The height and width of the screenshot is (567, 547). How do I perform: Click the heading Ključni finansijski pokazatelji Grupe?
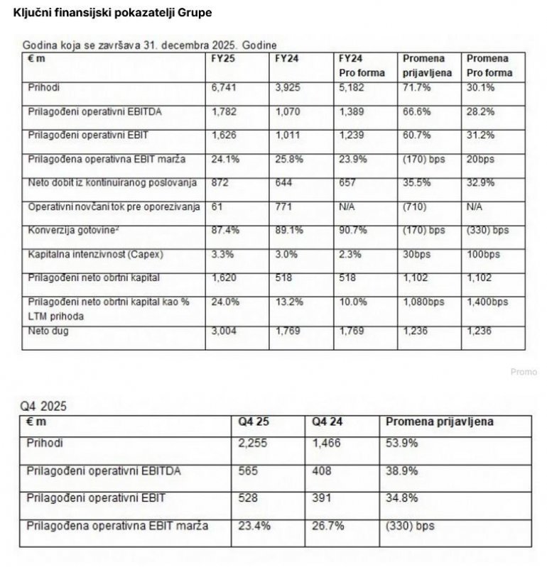coord(112,13)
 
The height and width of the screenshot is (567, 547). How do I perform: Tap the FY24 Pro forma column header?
coord(362,65)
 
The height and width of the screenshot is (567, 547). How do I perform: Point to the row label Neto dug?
coord(47,330)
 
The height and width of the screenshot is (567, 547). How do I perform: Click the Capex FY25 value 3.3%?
coord(222,253)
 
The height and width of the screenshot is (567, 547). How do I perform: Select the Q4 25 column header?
coord(254,422)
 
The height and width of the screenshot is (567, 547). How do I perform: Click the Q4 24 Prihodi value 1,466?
coord(327,443)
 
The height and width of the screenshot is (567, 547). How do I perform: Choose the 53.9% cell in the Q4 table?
coord(402,443)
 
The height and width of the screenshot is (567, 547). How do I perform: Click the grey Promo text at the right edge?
coord(524,372)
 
